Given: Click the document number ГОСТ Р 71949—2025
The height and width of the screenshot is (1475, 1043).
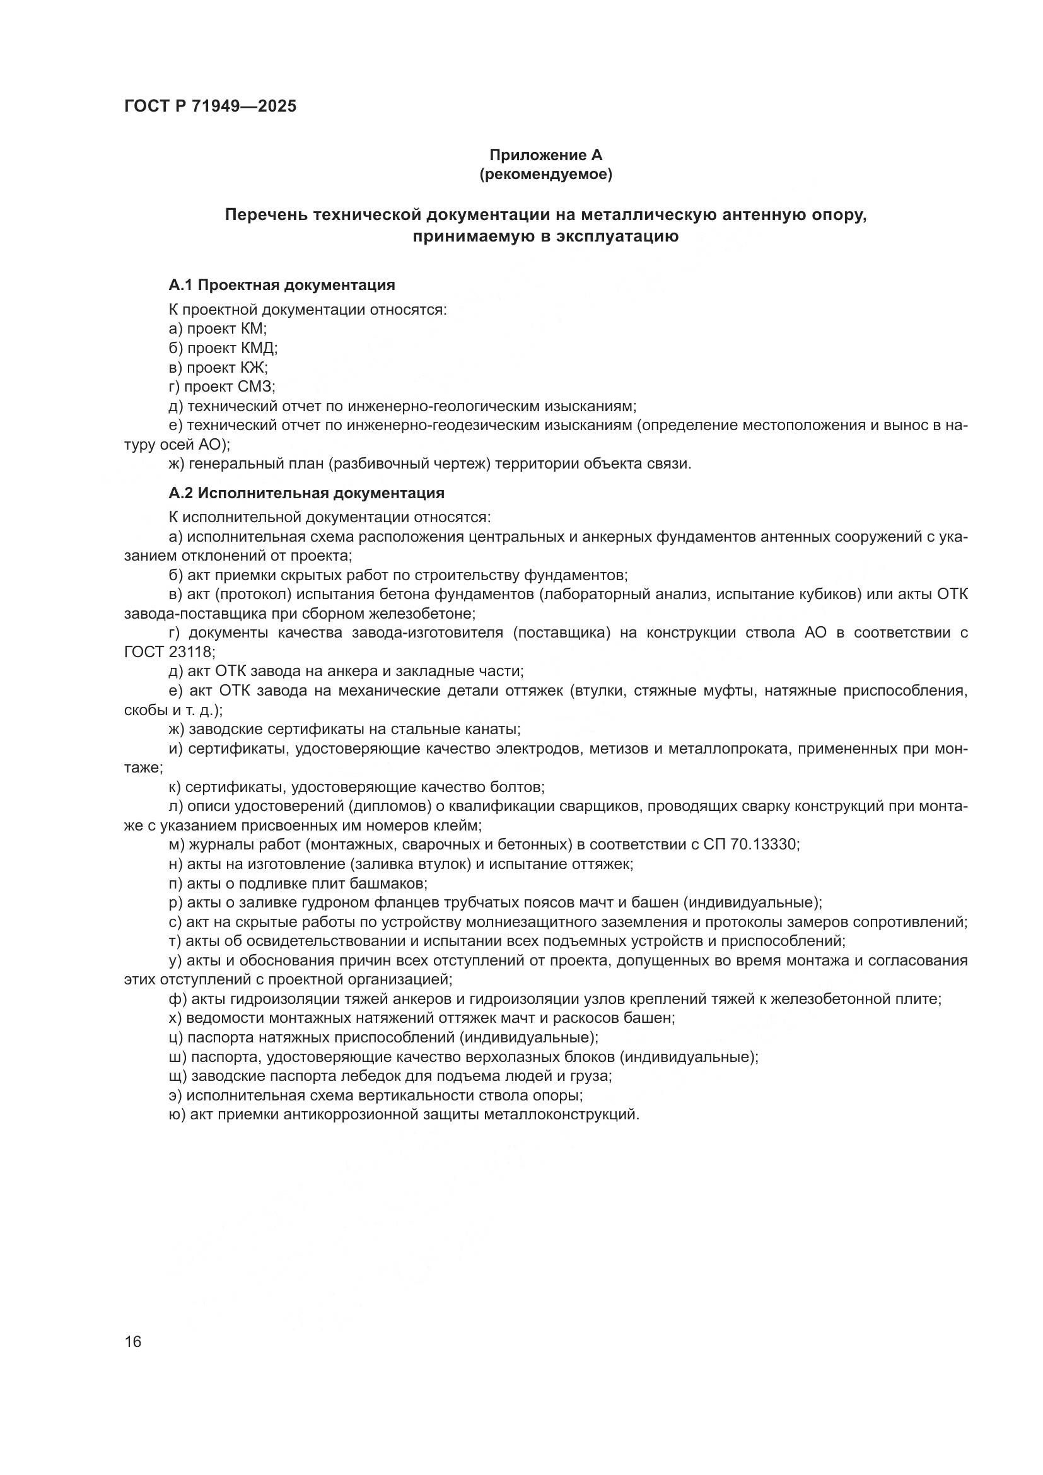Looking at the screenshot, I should pos(211,107).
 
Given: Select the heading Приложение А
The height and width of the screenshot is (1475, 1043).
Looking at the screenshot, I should pos(546,155).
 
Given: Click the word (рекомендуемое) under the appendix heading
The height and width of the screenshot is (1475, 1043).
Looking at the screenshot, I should pos(546,174).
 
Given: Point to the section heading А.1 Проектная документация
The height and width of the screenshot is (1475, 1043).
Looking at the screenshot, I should pos(281,284).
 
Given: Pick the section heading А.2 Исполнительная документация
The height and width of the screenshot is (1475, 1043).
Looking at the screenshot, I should pos(306,493).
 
